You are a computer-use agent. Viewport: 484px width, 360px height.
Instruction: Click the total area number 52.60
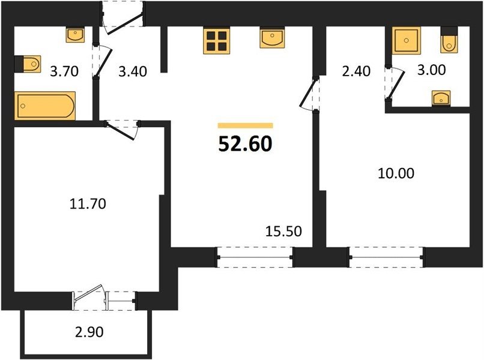pos(246,144)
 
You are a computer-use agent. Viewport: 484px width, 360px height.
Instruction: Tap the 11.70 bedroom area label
pos(88,204)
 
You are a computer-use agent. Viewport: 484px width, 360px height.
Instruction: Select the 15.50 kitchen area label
pos(283,232)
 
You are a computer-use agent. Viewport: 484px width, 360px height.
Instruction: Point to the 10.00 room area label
pos(396,173)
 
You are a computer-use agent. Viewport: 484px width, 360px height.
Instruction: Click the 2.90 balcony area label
pos(89,332)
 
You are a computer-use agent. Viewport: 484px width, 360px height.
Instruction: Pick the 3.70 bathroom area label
pos(64,71)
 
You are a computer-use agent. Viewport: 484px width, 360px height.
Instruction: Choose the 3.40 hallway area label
pos(133,71)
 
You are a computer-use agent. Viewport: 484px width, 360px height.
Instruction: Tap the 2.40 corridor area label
pos(356,71)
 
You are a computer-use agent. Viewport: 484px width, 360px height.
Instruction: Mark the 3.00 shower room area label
pos(432,70)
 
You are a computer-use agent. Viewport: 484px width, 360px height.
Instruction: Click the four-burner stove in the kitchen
pos(216,41)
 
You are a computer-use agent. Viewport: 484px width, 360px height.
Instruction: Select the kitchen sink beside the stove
pos(272,38)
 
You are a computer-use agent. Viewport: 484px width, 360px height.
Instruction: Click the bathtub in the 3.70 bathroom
pos(45,106)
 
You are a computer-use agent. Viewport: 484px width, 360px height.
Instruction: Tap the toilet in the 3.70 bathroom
pos(28,64)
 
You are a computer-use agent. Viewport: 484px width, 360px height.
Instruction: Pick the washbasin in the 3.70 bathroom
pos(75,35)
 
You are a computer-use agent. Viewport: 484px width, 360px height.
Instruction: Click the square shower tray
pos(406,40)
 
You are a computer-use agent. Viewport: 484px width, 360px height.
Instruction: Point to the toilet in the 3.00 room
pos(449,40)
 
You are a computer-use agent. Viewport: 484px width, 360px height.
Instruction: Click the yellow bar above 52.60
pos(246,125)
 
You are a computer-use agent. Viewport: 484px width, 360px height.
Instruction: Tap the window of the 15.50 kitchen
pos(255,257)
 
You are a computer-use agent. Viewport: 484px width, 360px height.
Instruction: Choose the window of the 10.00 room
pos(387,257)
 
